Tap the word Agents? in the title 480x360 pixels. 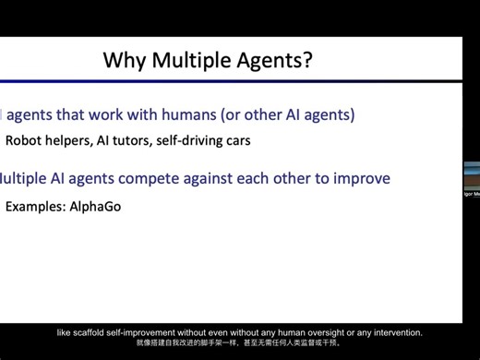point(277,61)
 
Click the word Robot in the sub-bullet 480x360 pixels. point(23,141)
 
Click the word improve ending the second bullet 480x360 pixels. point(362,178)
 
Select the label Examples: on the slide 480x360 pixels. point(35,207)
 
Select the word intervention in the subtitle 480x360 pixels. point(394,332)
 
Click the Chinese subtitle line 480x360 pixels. point(239,342)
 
